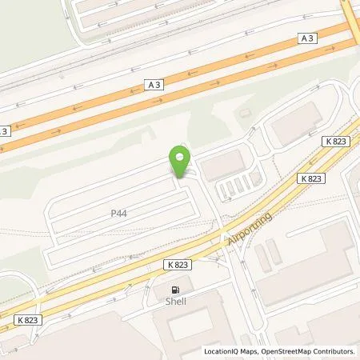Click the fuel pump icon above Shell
coord(174,289)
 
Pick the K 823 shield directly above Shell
coord(180,263)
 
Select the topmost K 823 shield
coord(335,140)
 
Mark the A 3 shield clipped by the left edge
coord(4,131)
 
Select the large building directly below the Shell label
coord(188,328)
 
